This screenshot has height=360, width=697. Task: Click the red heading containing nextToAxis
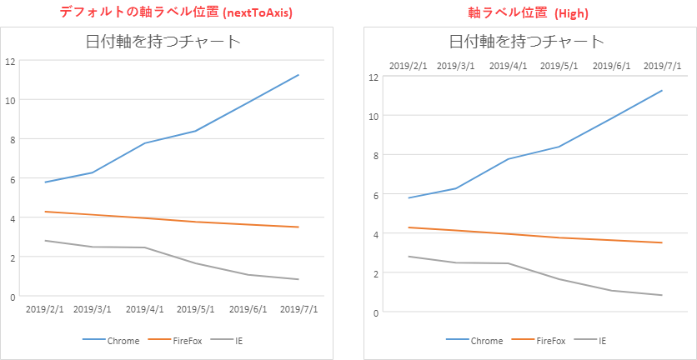(x=175, y=12)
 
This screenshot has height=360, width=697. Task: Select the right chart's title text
(x=526, y=42)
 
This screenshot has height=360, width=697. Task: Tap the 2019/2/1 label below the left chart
(x=45, y=309)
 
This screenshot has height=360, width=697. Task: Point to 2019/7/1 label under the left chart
(x=298, y=309)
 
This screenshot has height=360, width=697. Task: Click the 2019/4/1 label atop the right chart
(x=508, y=65)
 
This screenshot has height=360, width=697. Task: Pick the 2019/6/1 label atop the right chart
(x=611, y=65)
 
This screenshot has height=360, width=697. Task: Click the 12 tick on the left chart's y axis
(x=10, y=61)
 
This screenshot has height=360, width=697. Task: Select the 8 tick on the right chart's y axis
(x=376, y=155)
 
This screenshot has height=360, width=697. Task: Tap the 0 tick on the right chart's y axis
(x=376, y=312)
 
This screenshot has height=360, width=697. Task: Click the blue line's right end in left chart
(x=298, y=75)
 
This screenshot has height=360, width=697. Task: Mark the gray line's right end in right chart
(x=662, y=295)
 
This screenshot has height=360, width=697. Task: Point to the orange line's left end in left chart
(x=45, y=212)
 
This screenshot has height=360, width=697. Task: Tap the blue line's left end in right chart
(x=409, y=197)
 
